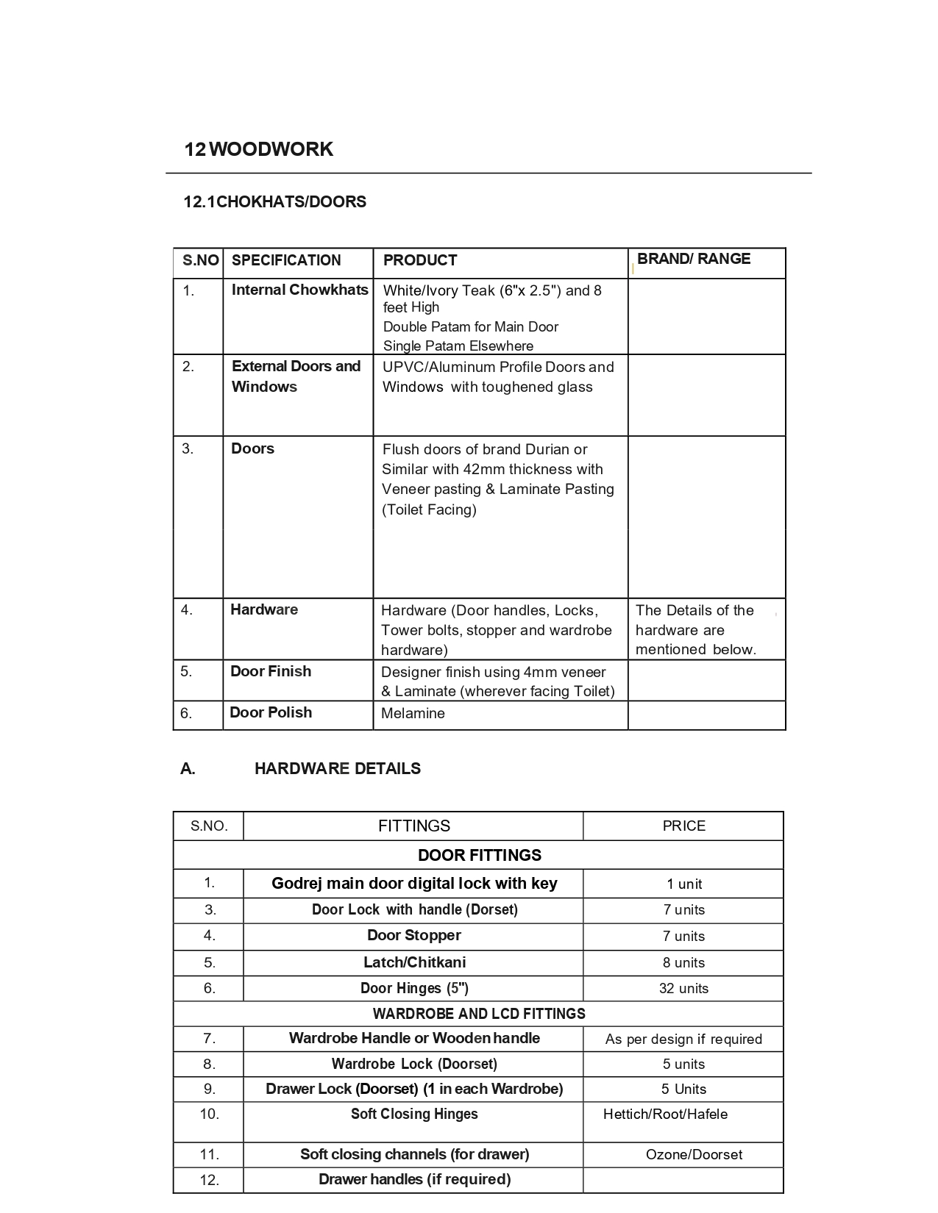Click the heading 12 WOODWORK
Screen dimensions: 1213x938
[258, 149]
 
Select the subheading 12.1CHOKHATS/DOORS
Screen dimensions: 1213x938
[274, 201]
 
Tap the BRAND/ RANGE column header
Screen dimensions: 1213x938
[693, 259]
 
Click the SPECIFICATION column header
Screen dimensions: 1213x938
[286, 260]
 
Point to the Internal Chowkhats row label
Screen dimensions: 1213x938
[299, 290]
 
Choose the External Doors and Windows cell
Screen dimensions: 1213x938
[296, 376]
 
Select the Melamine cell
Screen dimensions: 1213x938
[413, 713]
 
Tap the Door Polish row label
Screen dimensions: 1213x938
[271, 712]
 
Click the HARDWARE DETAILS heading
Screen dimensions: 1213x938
[337, 768]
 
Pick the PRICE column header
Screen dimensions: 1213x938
[683, 826]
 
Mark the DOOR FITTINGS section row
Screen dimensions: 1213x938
[479, 855]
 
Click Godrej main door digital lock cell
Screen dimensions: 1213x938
[414, 883]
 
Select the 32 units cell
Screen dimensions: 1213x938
[683, 988]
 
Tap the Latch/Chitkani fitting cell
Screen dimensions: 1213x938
[414, 962]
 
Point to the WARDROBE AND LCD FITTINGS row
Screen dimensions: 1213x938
[479, 1014]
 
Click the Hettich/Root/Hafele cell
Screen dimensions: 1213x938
[665, 1114]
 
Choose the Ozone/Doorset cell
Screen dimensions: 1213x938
[694, 1154]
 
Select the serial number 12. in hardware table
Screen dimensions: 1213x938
[210, 1180]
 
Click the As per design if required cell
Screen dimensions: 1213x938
[683, 1039]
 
